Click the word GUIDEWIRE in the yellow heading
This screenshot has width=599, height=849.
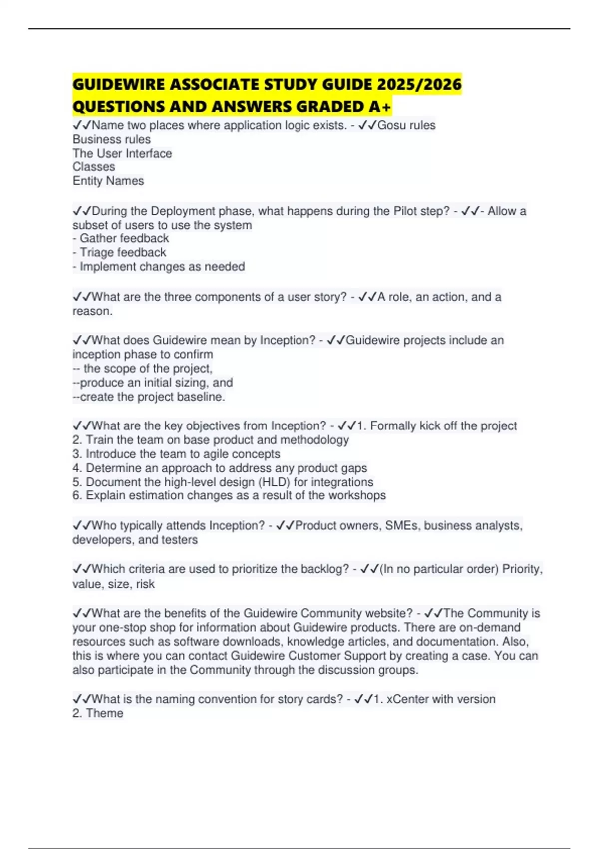(119, 85)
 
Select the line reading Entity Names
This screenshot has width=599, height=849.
(108, 181)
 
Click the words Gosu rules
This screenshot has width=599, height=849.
(406, 125)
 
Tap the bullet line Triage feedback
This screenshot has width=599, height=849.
(119, 253)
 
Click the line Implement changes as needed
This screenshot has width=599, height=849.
(159, 267)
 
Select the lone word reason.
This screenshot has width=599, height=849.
(92, 311)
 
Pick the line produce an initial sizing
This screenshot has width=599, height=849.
(153, 383)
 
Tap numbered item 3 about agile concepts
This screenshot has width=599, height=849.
(176, 454)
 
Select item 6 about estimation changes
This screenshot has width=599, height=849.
(229, 496)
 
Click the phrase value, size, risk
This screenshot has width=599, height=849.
(113, 584)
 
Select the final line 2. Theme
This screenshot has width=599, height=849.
(98, 713)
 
